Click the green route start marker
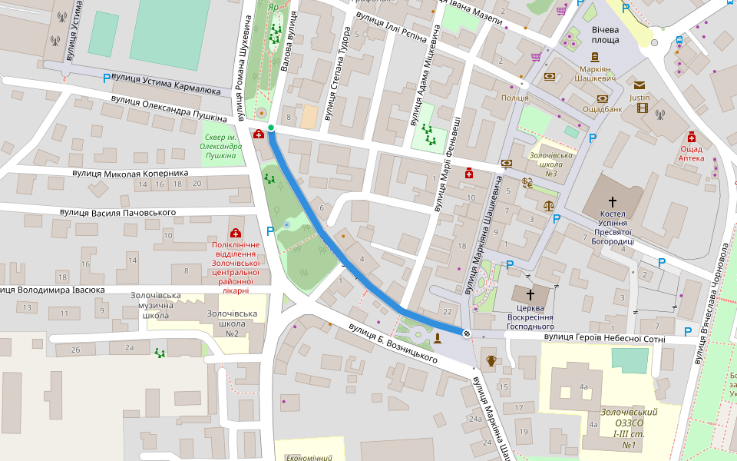click(271, 128)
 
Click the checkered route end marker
click(466, 332)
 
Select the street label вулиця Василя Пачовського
click(118, 212)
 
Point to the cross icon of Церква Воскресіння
click(530, 294)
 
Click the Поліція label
click(514, 98)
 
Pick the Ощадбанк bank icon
click(603, 98)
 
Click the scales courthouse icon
click(548, 206)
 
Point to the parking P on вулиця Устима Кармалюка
click(107, 78)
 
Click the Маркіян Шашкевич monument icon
click(594, 57)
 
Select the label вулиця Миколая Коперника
click(131, 173)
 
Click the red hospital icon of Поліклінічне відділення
click(234, 233)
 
